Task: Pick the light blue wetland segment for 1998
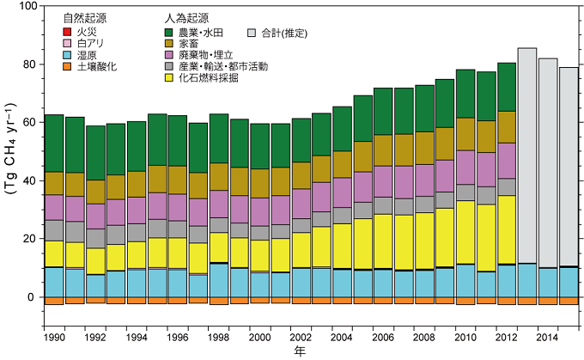[x=218, y=280]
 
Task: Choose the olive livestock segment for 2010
[x=465, y=134]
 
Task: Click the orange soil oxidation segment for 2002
[x=301, y=301]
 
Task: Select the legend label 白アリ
[x=89, y=43]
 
